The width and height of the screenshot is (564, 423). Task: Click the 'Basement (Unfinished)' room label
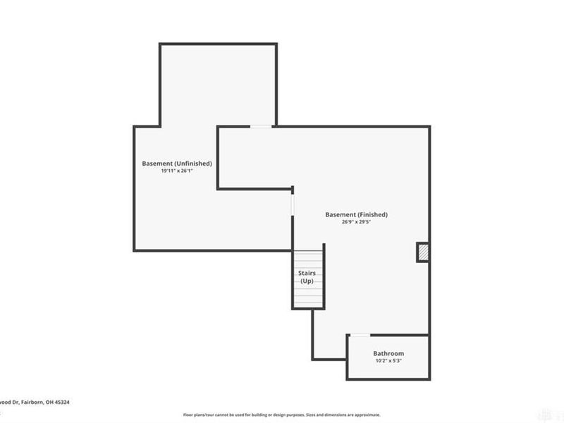pyautogui.click(x=177, y=164)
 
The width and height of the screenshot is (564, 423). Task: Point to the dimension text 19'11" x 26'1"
pyautogui.click(x=177, y=171)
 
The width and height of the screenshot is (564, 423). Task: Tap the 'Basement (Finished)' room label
pyautogui.click(x=356, y=214)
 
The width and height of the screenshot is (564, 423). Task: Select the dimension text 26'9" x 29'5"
pyautogui.click(x=356, y=221)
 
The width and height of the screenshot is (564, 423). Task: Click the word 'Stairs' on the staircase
pyautogui.click(x=307, y=273)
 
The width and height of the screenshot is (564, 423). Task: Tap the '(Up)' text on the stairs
pyautogui.click(x=307, y=281)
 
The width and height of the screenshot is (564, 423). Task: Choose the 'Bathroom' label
pyautogui.click(x=388, y=353)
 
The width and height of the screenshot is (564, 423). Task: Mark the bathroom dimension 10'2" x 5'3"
pyautogui.click(x=388, y=361)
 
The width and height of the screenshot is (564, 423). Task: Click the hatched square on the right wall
pyautogui.click(x=423, y=252)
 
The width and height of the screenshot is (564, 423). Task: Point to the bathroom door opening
pyautogui.click(x=360, y=335)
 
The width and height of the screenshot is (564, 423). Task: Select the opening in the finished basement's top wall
pyautogui.click(x=261, y=127)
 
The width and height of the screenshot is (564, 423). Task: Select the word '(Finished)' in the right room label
pyautogui.click(x=372, y=214)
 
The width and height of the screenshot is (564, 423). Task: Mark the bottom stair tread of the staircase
pyautogui.click(x=307, y=305)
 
